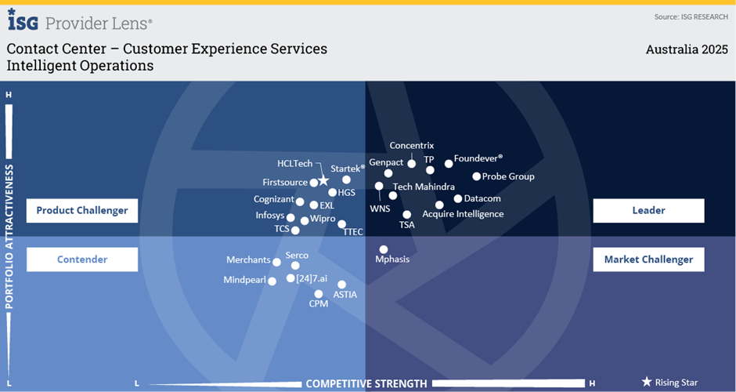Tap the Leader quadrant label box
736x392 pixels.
pyautogui.click(x=648, y=210)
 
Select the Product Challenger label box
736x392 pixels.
pyautogui.click(x=82, y=210)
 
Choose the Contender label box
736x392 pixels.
pyautogui.click(x=82, y=260)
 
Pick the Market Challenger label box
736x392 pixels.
pyautogui.click(x=648, y=260)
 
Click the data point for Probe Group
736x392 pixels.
pyautogui.click(x=476, y=176)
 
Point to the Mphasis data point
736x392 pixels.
pyautogui.click(x=383, y=249)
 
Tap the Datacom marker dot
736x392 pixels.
pyautogui.click(x=458, y=198)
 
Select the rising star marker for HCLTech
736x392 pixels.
pyautogui.click(x=323, y=180)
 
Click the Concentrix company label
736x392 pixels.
pyautogui.click(x=411, y=145)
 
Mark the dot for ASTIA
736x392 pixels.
pyautogui.click(x=342, y=285)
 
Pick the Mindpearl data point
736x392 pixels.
pyautogui.click(x=272, y=281)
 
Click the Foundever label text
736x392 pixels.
pyautogui.click(x=478, y=158)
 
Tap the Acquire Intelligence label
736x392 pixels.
pyautogui.click(x=463, y=214)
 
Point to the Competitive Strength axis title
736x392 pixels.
pyautogui.click(x=366, y=383)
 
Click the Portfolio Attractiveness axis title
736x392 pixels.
pyautogui.click(x=9, y=235)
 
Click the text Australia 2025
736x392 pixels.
pyautogui.click(x=687, y=49)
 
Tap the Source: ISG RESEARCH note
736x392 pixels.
pyautogui.click(x=691, y=16)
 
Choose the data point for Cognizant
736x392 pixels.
pyautogui.click(x=300, y=201)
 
